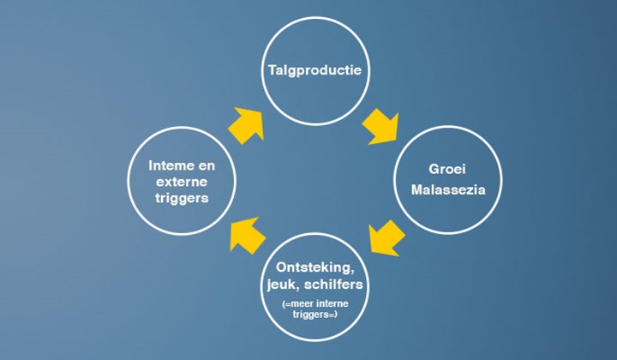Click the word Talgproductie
click(x=314, y=70)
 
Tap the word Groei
click(x=447, y=169)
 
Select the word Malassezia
click(x=448, y=189)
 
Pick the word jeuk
click(x=282, y=285)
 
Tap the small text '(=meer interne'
click(x=315, y=303)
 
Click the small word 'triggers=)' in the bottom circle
click(x=315, y=315)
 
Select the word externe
click(x=182, y=182)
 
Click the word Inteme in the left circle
click(x=168, y=165)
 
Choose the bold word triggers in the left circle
click(x=182, y=198)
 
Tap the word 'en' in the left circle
click(x=207, y=166)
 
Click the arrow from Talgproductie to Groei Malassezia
click(x=380, y=127)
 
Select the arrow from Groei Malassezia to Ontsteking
click(x=386, y=238)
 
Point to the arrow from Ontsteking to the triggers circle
click(x=248, y=235)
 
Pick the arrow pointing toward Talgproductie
click(x=246, y=125)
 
